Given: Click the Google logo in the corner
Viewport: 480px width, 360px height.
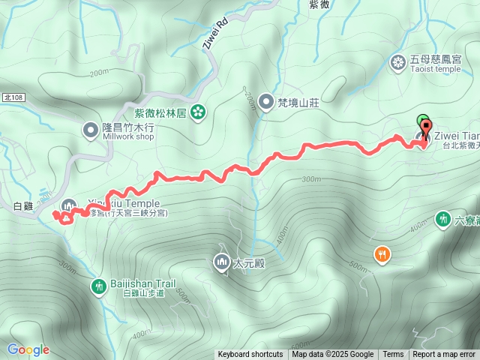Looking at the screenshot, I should pyautogui.click(x=28, y=349).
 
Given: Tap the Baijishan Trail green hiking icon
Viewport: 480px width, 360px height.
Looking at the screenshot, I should pyautogui.click(x=98, y=286).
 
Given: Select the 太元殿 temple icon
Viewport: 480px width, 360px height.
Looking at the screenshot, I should pyautogui.click(x=221, y=262).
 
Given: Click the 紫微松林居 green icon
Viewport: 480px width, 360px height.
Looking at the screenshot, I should pyautogui.click(x=198, y=113).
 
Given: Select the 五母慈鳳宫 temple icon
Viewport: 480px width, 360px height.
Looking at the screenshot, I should pyautogui.click(x=397, y=61).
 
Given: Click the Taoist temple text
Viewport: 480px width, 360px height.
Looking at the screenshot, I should pyautogui.click(x=436, y=69).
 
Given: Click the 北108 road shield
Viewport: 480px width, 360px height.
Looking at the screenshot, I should pyautogui.click(x=13, y=97).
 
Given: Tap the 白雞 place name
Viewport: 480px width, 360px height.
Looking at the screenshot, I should pyautogui.click(x=25, y=206).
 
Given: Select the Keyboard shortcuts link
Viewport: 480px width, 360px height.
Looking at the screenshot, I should pyautogui.click(x=250, y=355).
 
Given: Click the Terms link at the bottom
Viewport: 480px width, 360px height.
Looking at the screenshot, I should pyautogui.click(x=393, y=355).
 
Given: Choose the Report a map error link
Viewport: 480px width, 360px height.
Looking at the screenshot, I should pyautogui.click(x=444, y=355).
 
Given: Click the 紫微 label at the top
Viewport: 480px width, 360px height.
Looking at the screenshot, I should pyautogui.click(x=319, y=4).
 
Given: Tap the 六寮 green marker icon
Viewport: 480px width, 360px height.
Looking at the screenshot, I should pyautogui.click(x=442, y=219).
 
